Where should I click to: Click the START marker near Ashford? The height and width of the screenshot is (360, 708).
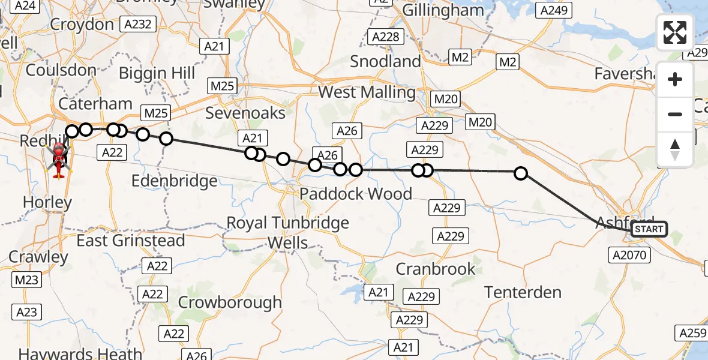(649, 229)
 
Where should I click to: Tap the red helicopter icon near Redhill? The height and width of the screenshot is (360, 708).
(59, 160)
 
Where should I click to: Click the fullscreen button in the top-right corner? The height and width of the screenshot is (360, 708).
(675, 32)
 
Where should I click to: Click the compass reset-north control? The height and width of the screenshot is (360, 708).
(675, 149)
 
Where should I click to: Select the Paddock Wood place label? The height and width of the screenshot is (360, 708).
(356, 194)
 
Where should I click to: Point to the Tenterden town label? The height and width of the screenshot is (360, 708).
(523, 292)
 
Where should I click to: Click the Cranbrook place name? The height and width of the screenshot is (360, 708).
(436, 269)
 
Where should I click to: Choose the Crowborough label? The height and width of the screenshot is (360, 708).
(230, 302)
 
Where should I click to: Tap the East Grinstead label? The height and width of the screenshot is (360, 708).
(130, 241)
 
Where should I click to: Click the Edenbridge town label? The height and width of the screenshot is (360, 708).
(173, 181)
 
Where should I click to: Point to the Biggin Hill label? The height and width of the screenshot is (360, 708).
(157, 73)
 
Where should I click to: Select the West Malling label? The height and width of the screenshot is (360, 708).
(367, 92)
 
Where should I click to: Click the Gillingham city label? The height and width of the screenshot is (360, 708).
(443, 10)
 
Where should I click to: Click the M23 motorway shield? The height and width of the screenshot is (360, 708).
(26, 280)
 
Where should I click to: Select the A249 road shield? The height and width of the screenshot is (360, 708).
(555, 10)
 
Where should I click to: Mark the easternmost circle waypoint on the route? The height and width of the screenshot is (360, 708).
(521, 173)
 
